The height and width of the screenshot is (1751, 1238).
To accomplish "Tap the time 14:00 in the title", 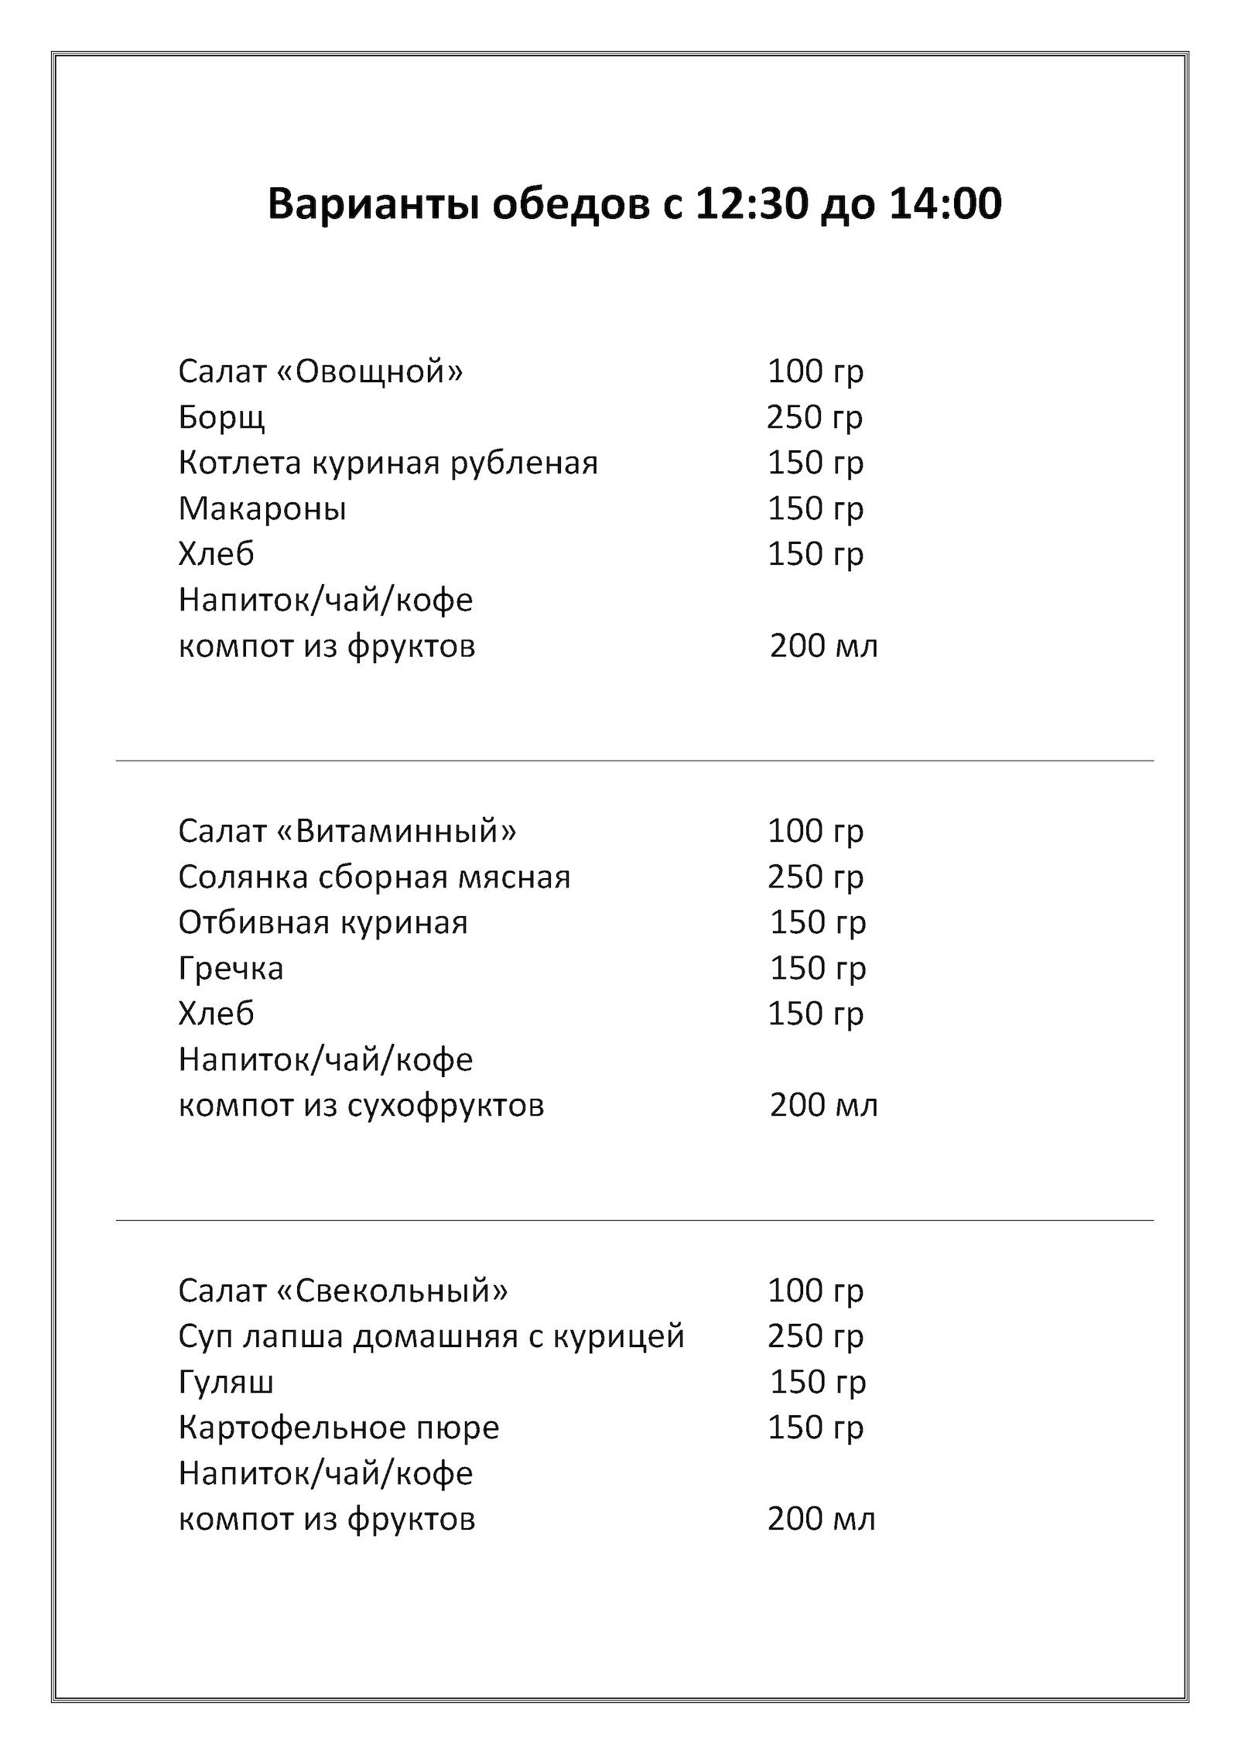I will point(945,204).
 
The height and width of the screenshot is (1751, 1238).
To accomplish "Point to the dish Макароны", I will point(262,509).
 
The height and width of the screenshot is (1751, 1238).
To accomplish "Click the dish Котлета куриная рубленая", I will point(388,463).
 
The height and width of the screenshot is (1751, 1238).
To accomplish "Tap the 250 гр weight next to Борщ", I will point(814,418).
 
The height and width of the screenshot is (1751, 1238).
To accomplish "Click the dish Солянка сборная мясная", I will point(374,877).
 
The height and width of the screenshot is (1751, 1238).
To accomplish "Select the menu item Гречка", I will point(231,969).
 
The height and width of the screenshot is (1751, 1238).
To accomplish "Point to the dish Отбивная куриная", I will point(323,923).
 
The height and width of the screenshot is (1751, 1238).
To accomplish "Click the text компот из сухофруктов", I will point(361,1106).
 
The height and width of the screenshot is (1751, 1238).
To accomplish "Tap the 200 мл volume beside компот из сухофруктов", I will point(823,1105).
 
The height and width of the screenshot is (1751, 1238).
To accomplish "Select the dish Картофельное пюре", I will point(338,1428).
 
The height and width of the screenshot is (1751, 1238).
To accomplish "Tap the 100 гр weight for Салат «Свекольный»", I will point(815,1291).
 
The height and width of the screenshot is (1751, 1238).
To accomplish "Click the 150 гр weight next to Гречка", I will point(817,968).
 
